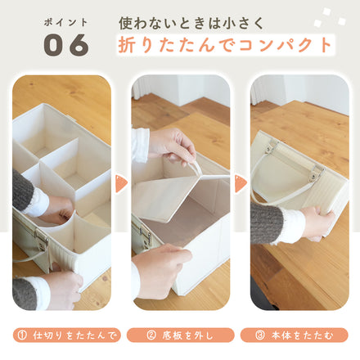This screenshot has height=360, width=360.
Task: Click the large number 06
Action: tap(65, 46)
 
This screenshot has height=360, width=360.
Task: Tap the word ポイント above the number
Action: tap(65, 21)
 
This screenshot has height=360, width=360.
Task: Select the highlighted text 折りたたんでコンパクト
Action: tap(225, 44)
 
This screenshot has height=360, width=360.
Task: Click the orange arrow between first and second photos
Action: tap(121, 183)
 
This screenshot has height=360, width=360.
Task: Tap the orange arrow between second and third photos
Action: tap(241, 183)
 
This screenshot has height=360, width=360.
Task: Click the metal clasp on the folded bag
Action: tap(313, 174)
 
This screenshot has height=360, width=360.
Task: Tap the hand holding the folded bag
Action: tap(317, 220)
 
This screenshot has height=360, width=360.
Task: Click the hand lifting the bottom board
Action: tap(172, 143)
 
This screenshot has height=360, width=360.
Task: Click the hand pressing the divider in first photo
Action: tap(57, 208)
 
